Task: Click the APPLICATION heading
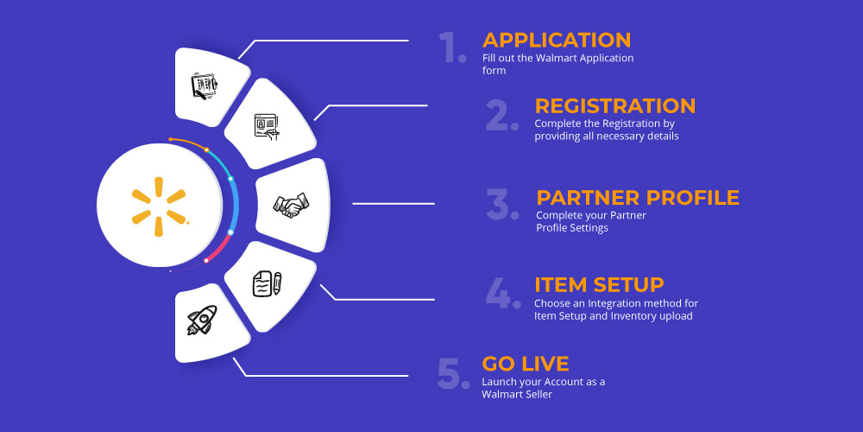click(557, 41)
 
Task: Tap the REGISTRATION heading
click(615, 105)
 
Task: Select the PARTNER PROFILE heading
click(638, 197)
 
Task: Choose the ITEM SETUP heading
click(600, 285)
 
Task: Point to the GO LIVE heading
click(526, 364)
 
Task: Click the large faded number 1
click(453, 48)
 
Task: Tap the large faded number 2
click(502, 115)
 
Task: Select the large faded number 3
click(502, 204)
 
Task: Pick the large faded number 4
click(503, 292)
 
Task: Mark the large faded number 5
click(454, 373)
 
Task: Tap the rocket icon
click(201, 321)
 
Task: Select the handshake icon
click(291, 205)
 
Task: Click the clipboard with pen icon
click(204, 86)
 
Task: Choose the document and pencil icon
click(267, 284)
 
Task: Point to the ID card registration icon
click(268, 127)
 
